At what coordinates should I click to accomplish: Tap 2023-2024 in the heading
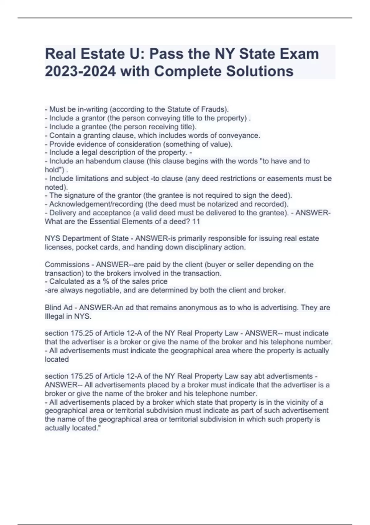point(80,71)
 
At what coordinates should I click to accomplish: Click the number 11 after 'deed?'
point(196,221)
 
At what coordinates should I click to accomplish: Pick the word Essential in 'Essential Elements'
point(104,221)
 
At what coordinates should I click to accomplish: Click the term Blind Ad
point(59,308)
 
